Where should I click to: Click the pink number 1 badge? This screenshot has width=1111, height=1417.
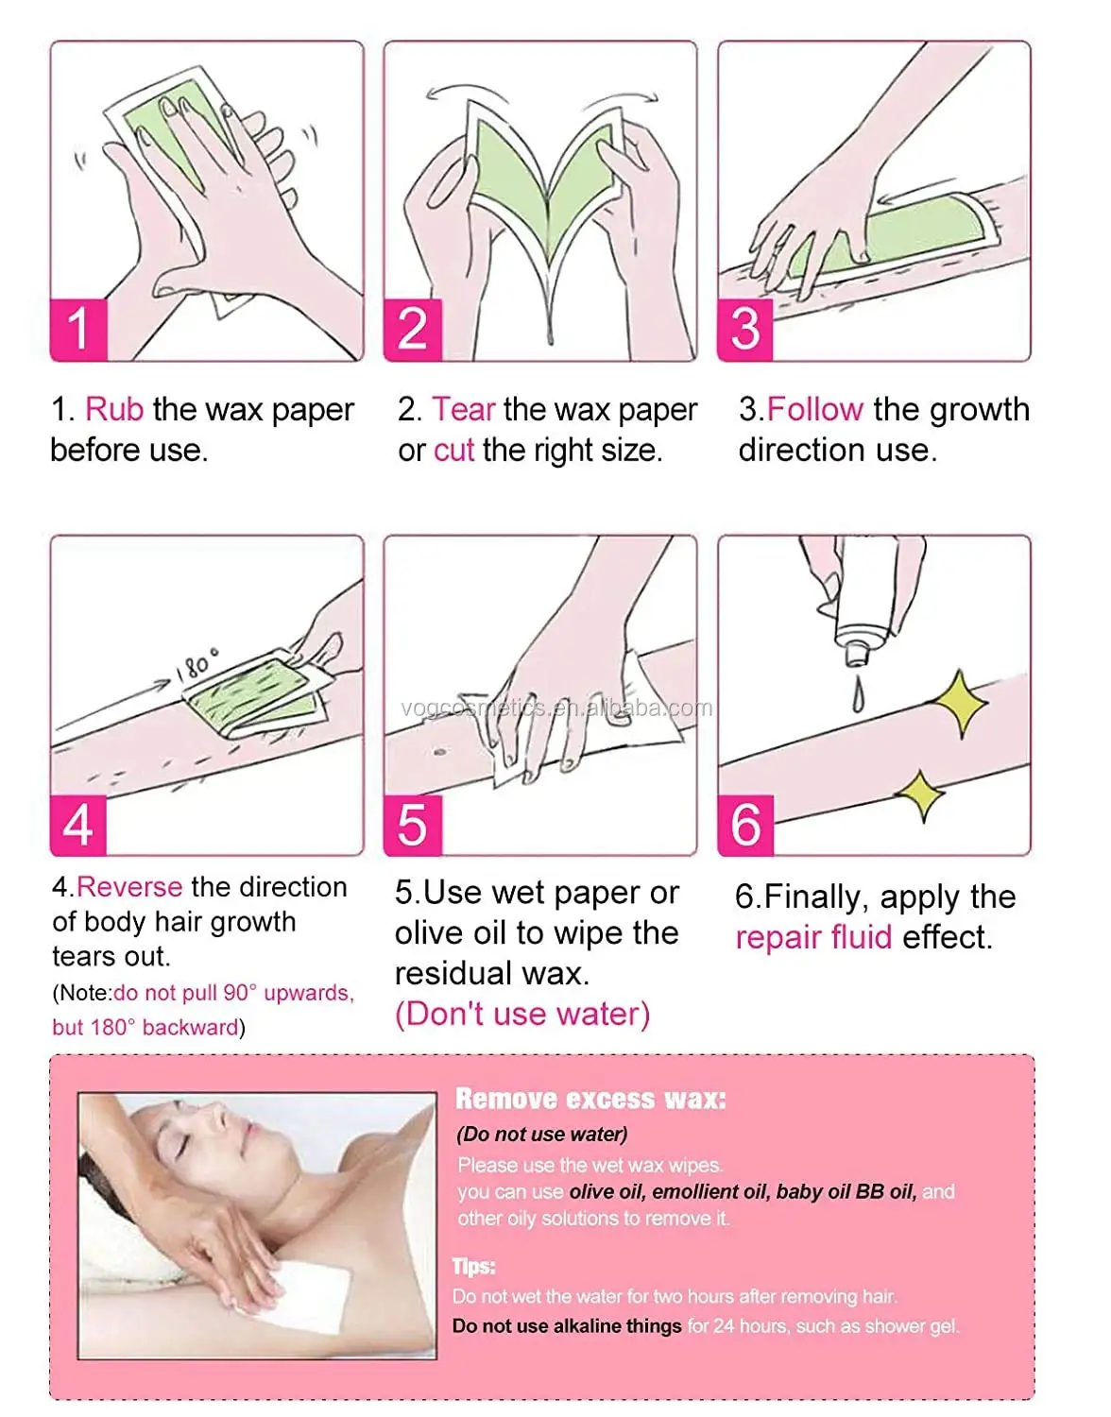click(x=78, y=330)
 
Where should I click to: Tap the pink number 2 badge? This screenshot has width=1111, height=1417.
click(x=413, y=330)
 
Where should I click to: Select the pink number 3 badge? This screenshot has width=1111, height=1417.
click(x=745, y=330)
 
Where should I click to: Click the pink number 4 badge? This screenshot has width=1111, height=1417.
click(x=78, y=825)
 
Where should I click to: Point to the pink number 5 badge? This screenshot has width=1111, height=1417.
click(x=413, y=825)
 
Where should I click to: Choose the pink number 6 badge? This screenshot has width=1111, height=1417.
click(x=745, y=825)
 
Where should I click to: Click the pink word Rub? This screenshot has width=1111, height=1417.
click(x=114, y=410)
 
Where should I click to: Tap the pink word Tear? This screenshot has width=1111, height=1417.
click(x=464, y=410)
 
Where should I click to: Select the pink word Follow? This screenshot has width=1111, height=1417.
click(x=815, y=410)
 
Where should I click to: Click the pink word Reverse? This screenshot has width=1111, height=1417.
click(x=129, y=887)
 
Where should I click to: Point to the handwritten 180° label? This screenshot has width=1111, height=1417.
click(x=197, y=663)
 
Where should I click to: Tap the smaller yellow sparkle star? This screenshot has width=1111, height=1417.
click(x=920, y=795)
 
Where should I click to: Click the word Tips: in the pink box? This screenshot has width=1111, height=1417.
click(x=474, y=1267)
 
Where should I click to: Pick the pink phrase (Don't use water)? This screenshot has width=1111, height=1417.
click(x=522, y=1015)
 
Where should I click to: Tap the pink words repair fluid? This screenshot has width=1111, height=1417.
click(x=813, y=938)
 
